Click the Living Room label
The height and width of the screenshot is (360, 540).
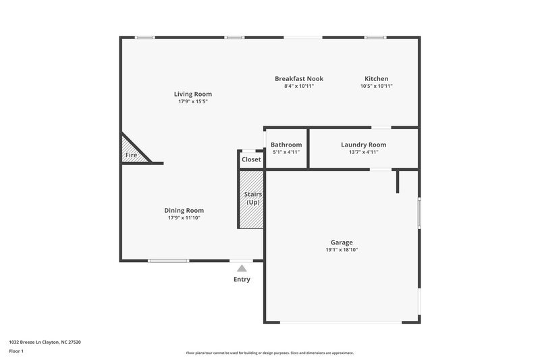pos(193,94)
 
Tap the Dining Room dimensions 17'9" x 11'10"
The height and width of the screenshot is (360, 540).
pos(184,218)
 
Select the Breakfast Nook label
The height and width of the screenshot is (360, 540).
pos(298,78)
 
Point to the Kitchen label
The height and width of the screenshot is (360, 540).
pos(376,78)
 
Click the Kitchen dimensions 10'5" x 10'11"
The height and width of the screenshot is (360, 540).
pos(376,86)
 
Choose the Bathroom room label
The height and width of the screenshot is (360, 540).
pos(286,145)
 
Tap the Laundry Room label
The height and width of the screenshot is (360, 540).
pos(363,145)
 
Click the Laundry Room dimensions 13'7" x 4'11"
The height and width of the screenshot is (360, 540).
pos(363,152)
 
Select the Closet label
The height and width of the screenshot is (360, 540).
pos(251,159)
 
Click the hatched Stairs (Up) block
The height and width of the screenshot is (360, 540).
pos(251,199)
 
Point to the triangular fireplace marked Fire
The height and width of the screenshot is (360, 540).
pos(131,153)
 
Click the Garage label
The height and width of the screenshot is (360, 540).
pos(342,242)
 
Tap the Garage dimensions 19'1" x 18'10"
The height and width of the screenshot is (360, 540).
pos(342,250)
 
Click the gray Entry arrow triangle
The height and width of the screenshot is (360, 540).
pos(242,268)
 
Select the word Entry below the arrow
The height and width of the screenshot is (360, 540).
pos(242,279)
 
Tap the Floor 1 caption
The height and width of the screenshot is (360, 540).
pos(17,351)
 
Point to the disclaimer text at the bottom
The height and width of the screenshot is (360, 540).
pos(269,353)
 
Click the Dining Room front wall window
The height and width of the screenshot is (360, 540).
pos(169,261)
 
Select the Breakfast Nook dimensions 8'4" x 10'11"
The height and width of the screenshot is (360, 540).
pos(298,86)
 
